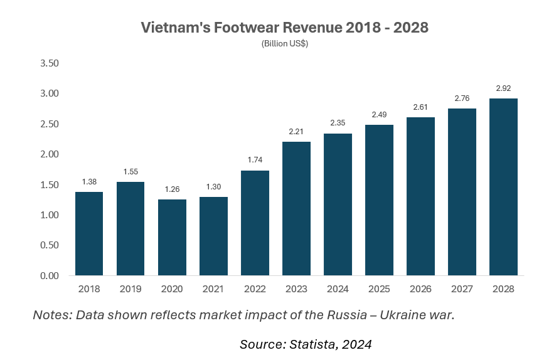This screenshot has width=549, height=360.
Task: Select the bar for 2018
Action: (89, 233)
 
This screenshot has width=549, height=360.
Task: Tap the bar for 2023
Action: (296, 208)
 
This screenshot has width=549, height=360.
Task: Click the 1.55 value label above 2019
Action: (131, 171)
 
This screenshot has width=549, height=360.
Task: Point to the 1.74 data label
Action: (255, 160)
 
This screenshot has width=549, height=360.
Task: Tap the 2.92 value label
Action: (503, 88)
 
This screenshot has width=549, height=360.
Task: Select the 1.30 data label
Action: (213, 187)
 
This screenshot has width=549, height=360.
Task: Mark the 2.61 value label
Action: (420, 107)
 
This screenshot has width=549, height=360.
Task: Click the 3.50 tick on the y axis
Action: (49, 63)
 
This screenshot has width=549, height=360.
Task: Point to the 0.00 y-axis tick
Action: (49, 275)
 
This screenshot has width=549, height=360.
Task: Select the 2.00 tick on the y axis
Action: (49, 154)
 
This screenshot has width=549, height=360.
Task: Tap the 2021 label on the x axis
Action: (213, 289)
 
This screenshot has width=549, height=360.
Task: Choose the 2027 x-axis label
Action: (462, 289)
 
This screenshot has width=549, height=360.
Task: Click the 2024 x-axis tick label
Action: (338, 289)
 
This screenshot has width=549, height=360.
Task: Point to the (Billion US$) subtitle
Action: (284, 43)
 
